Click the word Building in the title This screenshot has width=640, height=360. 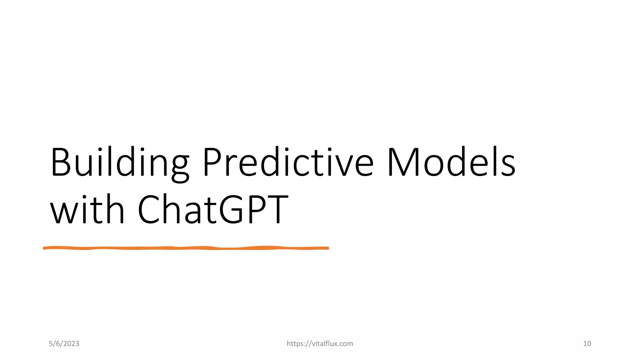(120, 162)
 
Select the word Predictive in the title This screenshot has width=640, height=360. (288, 162)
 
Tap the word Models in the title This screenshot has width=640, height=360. (451, 162)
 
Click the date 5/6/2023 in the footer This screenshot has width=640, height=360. (64, 344)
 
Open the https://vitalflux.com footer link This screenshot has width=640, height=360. (320, 344)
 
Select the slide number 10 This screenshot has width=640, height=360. (587, 344)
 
